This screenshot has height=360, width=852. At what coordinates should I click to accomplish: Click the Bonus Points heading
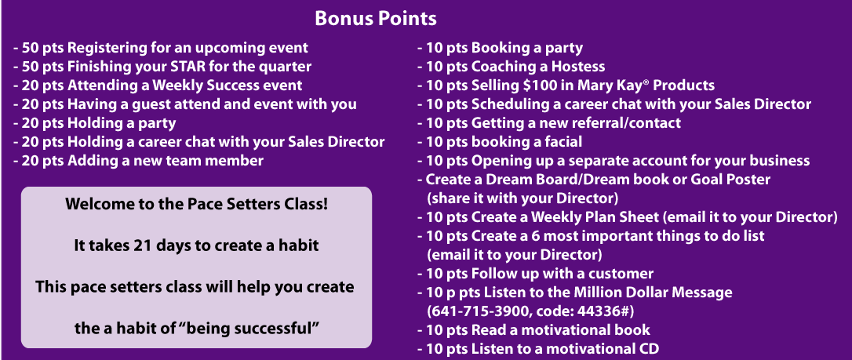click(376, 19)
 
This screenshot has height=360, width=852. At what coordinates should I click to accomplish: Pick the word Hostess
click(578, 67)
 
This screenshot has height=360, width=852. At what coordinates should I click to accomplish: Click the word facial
click(560, 142)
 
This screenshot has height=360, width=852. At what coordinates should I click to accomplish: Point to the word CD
click(649, 348)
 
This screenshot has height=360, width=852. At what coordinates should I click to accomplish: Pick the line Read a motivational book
click(533, 329)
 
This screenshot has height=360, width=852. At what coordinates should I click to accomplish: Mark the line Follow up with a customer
click(535, 274)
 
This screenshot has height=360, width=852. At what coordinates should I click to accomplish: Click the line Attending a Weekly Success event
click(158, 85)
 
